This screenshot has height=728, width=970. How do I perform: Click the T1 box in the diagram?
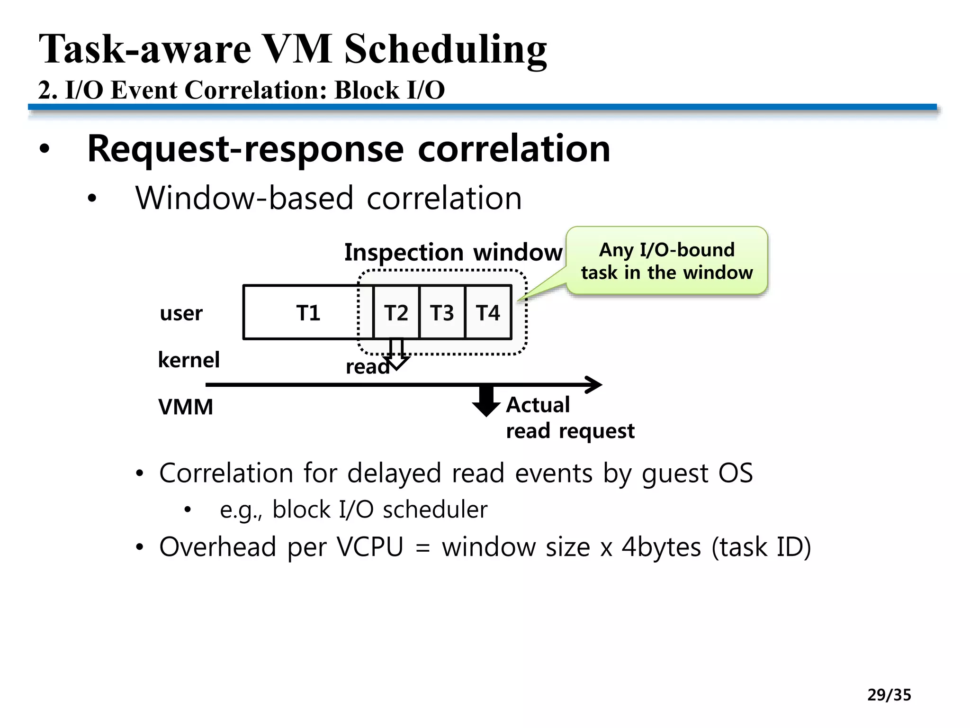pyautogui.click(x=303, y=313)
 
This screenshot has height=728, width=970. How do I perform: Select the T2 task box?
pyautogui.click(x=396, y=313)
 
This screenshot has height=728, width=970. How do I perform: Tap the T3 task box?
pyautogui.click(x=442, y=313)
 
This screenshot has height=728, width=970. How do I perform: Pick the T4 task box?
pyautogui.click(x=488, y=313)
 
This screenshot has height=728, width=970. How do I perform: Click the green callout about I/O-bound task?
pyautogui.click(x=666, y=261)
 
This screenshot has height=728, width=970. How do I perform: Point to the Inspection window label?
pyautogui.click(x=453, y=252)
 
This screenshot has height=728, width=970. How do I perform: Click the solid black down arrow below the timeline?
pyautogui.click(x=486, y=401)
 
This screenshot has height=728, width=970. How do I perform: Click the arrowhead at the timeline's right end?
pyautogui.click(x=594, y=384)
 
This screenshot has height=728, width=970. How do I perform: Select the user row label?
pyautogui.click(x=181, y=313)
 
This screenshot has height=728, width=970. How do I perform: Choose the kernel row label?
pyautogui.click(x=189, y=360)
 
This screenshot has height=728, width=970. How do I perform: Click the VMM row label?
pyautogui.click(x=186, y=407)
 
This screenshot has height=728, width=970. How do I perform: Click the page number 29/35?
pyautogui.click(x=889, y=695)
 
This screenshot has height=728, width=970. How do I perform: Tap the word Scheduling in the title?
pyautogui.click(x=445, y=50)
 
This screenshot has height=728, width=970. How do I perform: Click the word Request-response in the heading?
pyautogui.click(x=245, y=149)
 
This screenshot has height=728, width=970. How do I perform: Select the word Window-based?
pyautogui.click(x=244, y=198)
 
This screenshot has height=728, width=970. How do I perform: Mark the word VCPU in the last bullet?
pyautogui.click(x=370, y=547)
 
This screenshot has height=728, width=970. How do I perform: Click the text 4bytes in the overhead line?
pyautogui.click(x=661, y=547)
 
